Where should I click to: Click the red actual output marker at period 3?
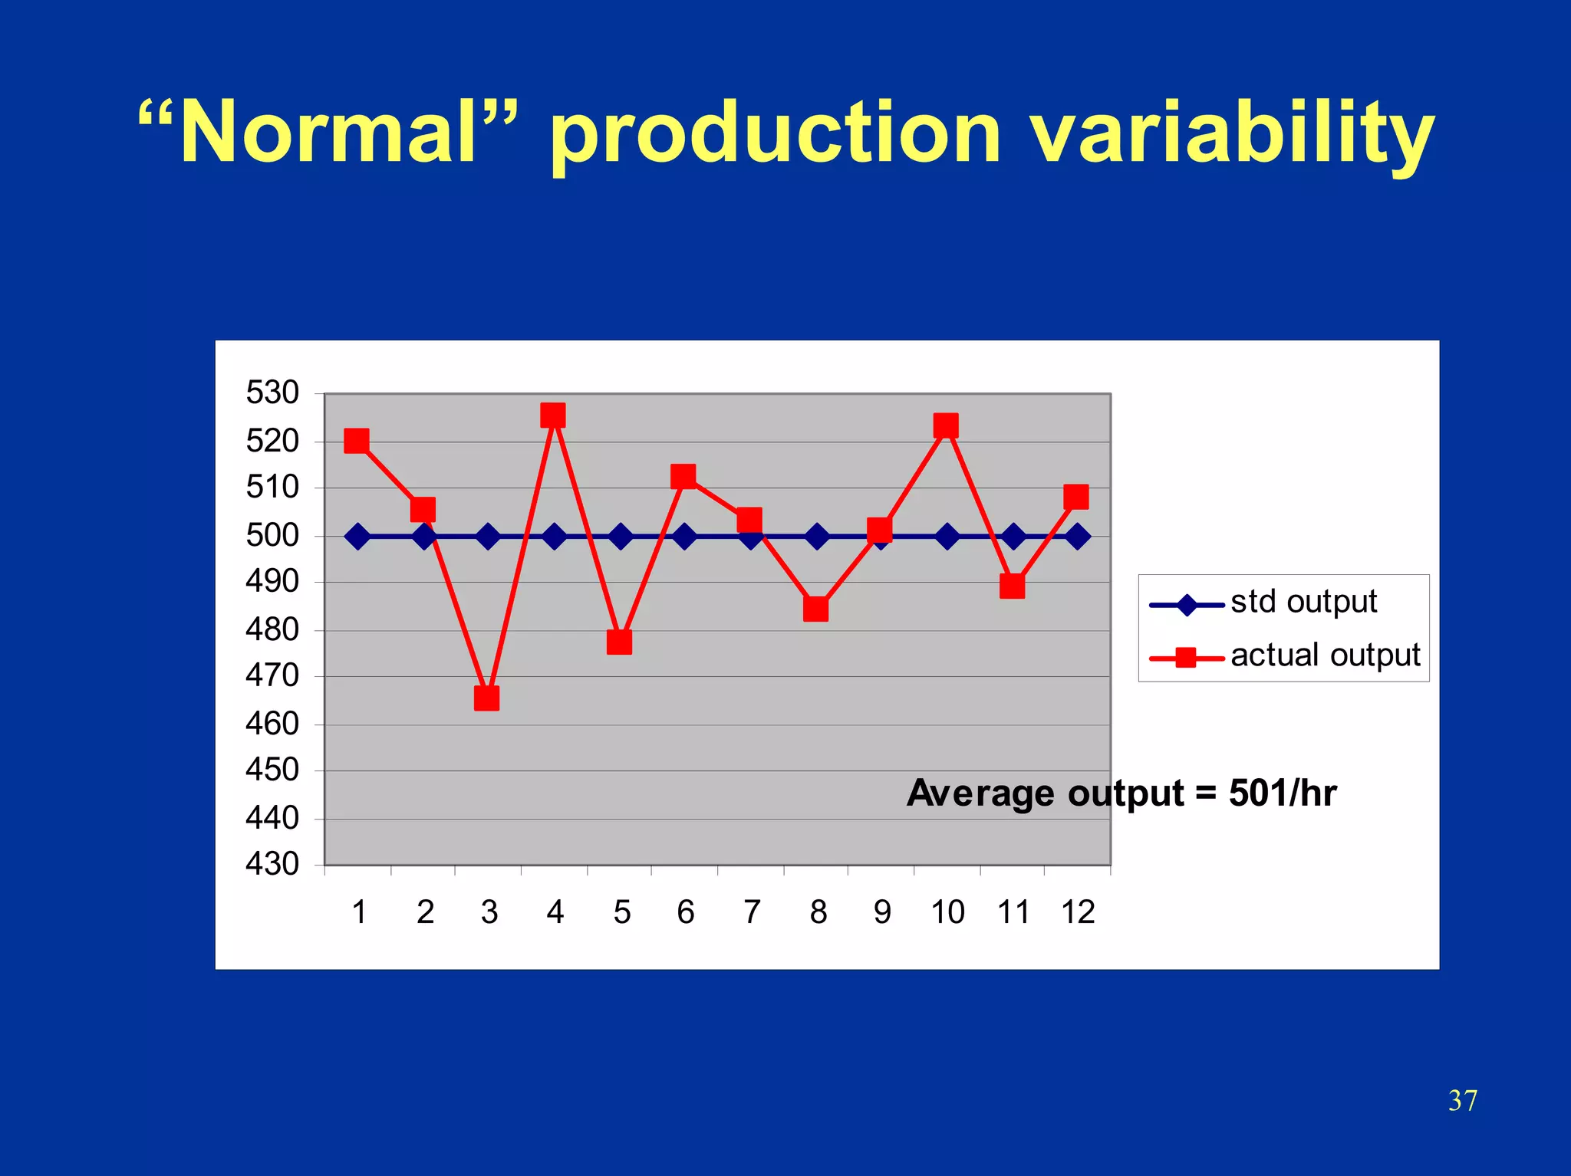(486, 698)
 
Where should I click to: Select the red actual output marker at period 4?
(553, 416)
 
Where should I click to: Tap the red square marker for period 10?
(946, 425)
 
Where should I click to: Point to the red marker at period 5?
(619, 642)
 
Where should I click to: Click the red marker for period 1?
(357, 441)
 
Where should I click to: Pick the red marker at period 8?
(815, 609)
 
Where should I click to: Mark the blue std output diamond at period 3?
(488, 537)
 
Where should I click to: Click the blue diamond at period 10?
(947, 537)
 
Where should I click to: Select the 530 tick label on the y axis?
(272, 393)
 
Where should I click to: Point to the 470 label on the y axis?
(272, 675)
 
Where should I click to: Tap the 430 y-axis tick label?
(272, 864)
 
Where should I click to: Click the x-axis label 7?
(752, 912)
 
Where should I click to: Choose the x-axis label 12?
(1078, 912)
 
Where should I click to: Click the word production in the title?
(776, 134)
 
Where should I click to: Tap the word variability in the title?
(1231, 134)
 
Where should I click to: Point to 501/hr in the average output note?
(1283, 793)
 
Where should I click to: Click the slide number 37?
(1462, 1101)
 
